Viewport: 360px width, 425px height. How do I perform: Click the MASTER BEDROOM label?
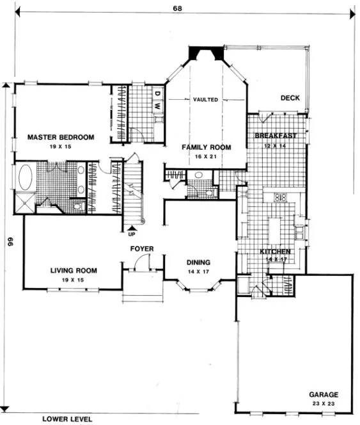pyautogui.click(x=61, y=137)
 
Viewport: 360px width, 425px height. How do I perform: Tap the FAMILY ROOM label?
pyautogui.click(x=206, y=147)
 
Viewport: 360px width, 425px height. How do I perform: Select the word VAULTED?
pyautogui.click(x=206, y=100)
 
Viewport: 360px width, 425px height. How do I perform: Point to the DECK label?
pyautogui.click(x=290, y=98)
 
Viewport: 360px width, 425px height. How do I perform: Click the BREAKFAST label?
pyautogui.click(x=276, y=136)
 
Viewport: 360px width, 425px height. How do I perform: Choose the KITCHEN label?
pyautogui.click(x=276, y=252)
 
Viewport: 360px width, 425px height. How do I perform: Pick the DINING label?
pyautogui.click(x=199, y=262)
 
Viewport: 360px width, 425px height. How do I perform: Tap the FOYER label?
pyautogui.click(x=141, y=248)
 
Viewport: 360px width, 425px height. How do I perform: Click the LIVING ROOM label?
pyautogui.click(x=74, y=271)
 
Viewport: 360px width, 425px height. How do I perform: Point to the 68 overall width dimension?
pyautogui.click(x=175, y=8)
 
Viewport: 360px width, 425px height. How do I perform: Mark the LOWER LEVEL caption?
pyautogui.click(x=67, y=419)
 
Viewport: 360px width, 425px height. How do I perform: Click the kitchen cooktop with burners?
pyautogui.click(x=279, y=198)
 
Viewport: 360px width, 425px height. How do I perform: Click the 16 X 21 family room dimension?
pyautogui.click(x=206, y=156)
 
